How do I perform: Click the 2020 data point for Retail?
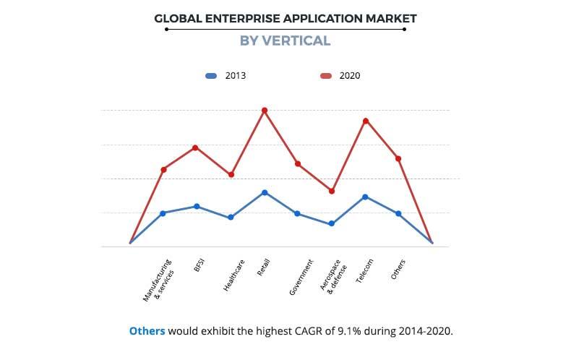click(265, 111)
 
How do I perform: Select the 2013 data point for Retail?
click(265, 192)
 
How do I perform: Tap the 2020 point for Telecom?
click(366, 121)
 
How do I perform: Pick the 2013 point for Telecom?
click(365, 197)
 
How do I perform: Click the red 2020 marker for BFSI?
click(196, 147)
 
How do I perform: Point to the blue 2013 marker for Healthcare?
click(231, 217)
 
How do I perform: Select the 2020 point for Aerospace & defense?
click(332, 191)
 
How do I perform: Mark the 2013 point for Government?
click(298, 213)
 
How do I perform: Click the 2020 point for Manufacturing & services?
click(163, 169)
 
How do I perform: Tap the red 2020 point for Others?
click(398, 158)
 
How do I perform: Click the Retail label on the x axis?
click(263, 267)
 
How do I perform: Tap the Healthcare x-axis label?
click(233, 275)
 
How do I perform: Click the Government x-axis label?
click(301, 277)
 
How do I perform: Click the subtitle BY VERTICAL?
click(285, 40)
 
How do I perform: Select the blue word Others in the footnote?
click(147, 331)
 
